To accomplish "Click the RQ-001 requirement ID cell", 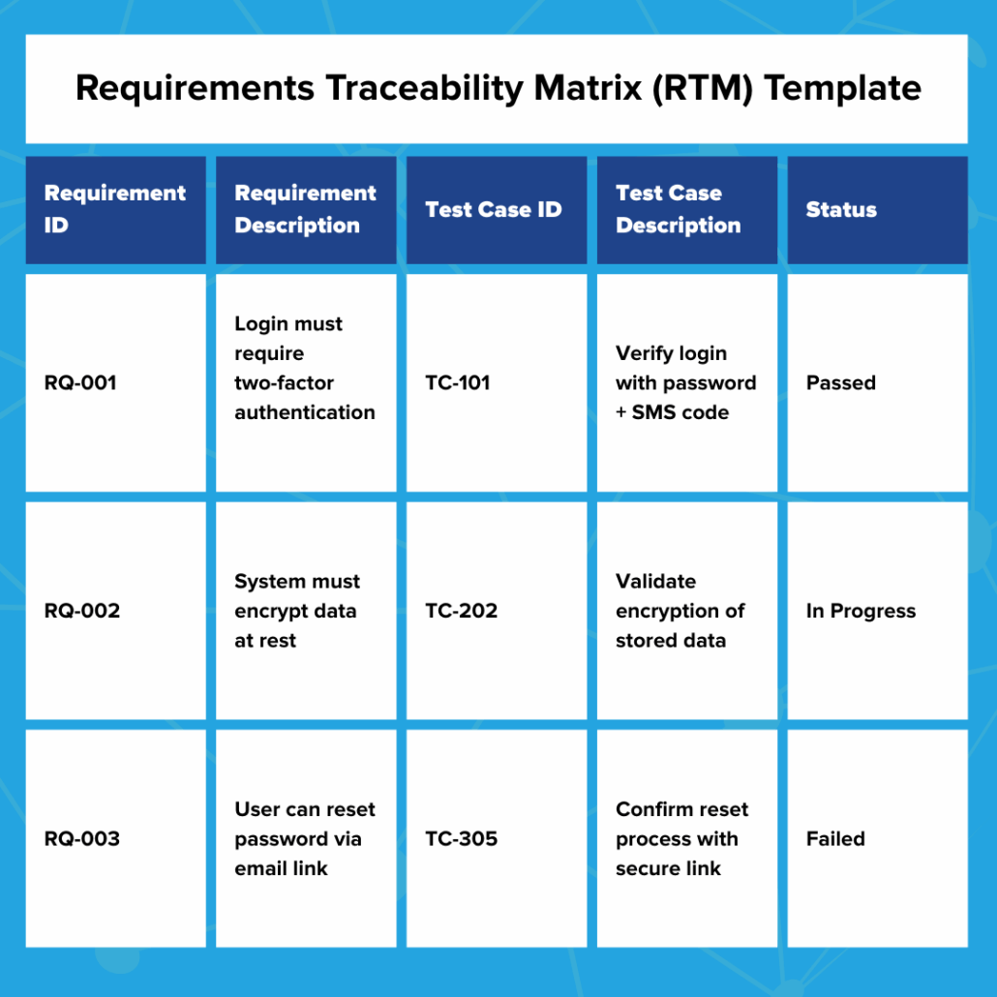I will (x=80, y=383).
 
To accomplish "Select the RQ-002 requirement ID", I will (x=82, y=611).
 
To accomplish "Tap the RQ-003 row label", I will (x=82, y=839).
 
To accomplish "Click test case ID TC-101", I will (x=458, y=383).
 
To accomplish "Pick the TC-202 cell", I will (x=462, y=611).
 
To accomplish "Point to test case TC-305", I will (x=462, y=839).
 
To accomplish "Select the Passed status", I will (x=840, y=383).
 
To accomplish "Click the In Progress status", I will (x=861, y=611).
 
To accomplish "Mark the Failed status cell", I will (x=835, y=839).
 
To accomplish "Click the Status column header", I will (x=841, y=209).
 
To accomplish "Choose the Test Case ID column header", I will (x=494, y=209).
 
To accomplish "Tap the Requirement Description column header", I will (x=305, y=209).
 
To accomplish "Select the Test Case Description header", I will (x=679, y=209).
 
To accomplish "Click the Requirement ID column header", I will (x=114, y=209).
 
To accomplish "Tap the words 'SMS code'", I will (x=680, y=412).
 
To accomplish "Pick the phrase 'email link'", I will (x=281, y=868).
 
